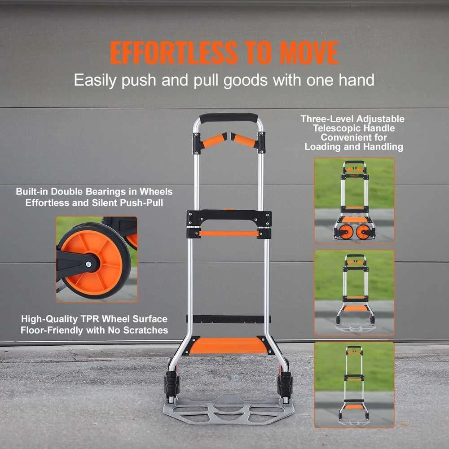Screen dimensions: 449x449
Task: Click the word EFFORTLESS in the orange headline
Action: coord(174,53)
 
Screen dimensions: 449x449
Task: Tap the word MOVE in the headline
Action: coord(309,53)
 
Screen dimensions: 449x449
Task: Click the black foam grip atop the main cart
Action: coord(229,118)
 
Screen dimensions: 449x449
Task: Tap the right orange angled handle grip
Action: coord(243,140)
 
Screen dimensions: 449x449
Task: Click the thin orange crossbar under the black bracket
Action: coord(229,233)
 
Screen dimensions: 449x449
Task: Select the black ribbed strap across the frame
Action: coord(228,319)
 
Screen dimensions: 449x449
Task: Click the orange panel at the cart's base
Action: coord(228,346)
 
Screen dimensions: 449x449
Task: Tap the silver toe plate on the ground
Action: coord(228,409)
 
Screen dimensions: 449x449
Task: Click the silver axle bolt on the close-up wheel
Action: coord(88,264)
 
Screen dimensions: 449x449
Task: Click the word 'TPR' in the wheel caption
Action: coord(90,319)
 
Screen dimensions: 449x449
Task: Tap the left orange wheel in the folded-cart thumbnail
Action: coord(346,231)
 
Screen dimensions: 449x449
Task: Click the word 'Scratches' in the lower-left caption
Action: coord(145,330)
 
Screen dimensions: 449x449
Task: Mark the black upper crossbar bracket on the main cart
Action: coord(229,218)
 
